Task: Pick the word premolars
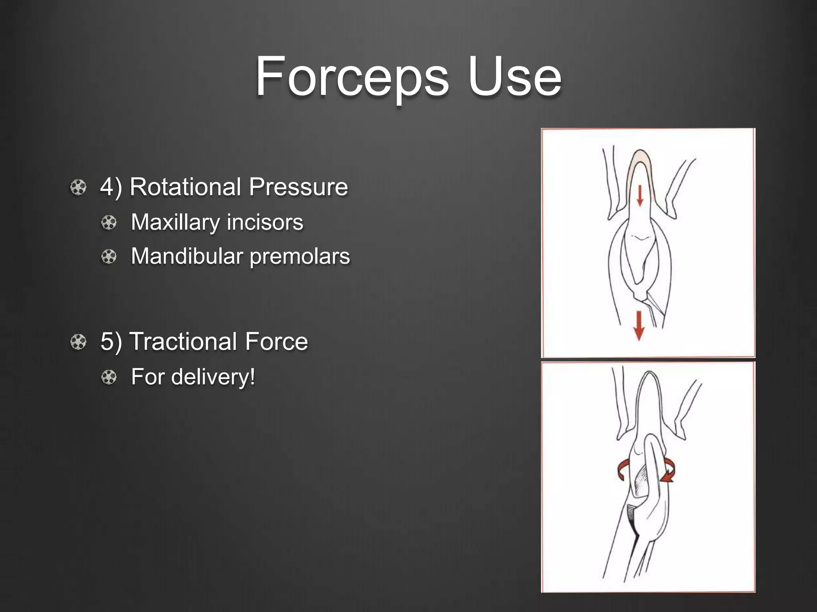[300, 256]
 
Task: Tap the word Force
[276, 341]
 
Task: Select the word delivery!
[213, 377]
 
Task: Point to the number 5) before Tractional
[111, 341]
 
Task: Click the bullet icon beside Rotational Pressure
[78, 187]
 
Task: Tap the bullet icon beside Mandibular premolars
[109, 257]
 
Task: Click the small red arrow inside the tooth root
[640, 196]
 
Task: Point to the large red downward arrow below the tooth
[639, 325]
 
